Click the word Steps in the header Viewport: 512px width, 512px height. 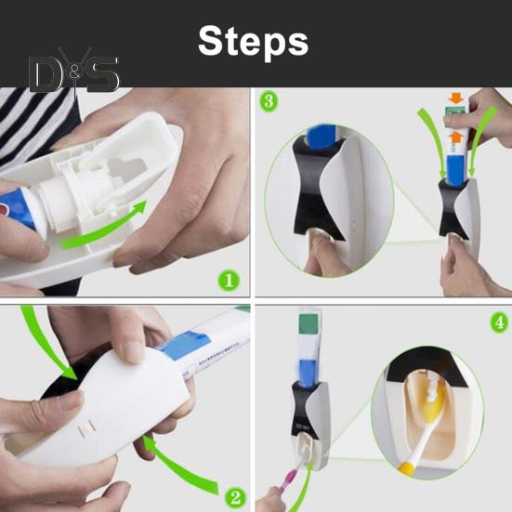tap(253, 43)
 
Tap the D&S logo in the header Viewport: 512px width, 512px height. tap(73, 72)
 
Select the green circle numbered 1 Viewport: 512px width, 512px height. tap(229, 281)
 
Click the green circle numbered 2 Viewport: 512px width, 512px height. tap(236, 498)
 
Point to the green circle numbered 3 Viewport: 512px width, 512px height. tap(269, 101)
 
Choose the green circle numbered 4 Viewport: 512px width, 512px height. tap(500, 322)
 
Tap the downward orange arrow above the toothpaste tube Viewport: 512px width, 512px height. tap(456, 98)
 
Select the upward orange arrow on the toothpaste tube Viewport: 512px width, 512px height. tap(456, 137)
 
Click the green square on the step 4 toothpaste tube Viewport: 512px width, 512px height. tap(309, 323)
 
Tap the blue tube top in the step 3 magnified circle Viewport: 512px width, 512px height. tap(321, 135)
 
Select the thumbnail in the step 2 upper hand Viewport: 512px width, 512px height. tap(131, 351)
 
